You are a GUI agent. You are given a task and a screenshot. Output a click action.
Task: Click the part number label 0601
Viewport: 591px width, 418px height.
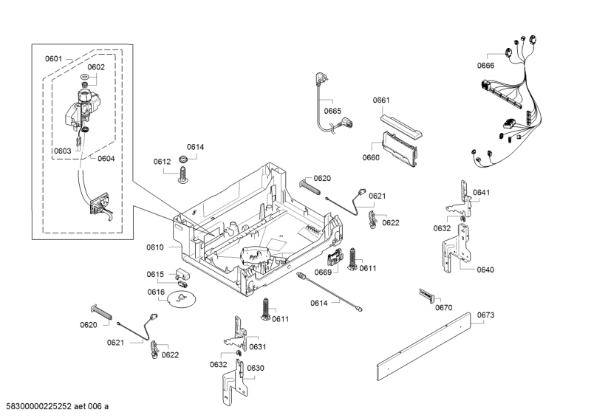(53, 58)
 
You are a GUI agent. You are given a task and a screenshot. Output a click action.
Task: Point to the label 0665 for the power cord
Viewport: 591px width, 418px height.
(332, 112)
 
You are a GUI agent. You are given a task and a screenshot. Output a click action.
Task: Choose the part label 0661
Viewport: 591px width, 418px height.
(381, 100)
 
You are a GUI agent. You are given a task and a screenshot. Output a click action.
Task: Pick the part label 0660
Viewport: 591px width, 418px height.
(371, 157)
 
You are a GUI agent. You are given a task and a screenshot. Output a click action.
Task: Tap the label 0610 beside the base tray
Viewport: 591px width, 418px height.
(155, 247)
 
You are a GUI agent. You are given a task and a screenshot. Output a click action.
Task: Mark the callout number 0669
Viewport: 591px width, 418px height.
(323, 273)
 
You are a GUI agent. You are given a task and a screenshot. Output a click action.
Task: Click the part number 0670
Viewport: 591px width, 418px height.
(443, 307)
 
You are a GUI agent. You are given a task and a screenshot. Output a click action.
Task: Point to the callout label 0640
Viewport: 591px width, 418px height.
(485, 270)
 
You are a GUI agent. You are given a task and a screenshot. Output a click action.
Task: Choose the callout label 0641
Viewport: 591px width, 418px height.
(481, 192)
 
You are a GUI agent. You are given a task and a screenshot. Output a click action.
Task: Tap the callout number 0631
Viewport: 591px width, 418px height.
(257, 346)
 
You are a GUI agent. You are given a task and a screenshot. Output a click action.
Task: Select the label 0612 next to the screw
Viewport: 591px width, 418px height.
(162, 161)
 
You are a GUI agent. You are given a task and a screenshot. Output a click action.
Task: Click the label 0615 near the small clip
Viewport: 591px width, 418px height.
(154, 274)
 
